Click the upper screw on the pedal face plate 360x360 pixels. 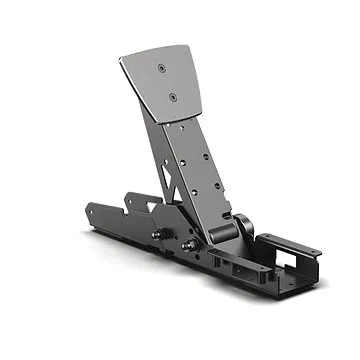click(162, 68)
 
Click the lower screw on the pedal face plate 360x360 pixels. click(172, 97)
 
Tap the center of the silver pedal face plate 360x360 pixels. click(165, 85)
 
